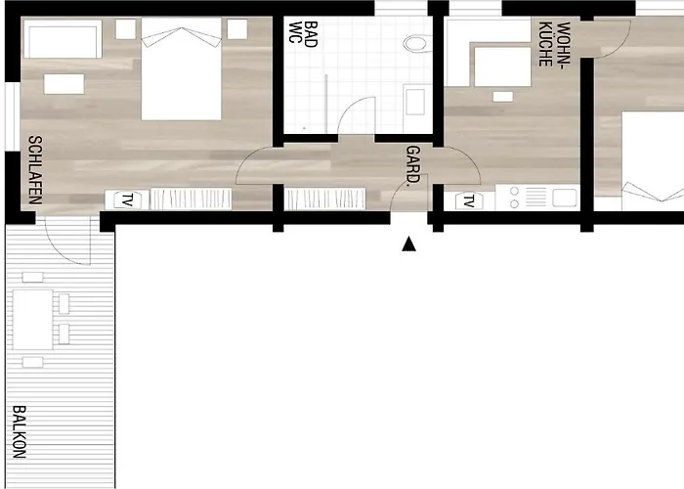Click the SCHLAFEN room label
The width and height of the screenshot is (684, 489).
34,168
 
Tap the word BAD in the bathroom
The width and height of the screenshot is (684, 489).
311,37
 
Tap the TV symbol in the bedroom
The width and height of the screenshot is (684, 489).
127,200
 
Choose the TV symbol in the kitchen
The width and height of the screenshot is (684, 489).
468,201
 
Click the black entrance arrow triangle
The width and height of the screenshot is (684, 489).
409,244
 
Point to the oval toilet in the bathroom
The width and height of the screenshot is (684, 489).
418,44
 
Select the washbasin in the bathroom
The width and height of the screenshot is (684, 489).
414,101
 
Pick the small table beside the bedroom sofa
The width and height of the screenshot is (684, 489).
64,84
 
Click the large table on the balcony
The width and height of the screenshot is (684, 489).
32,320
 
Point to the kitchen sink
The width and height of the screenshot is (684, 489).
564,198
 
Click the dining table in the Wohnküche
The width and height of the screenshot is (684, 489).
501,66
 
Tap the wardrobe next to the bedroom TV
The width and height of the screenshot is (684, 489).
192,199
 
